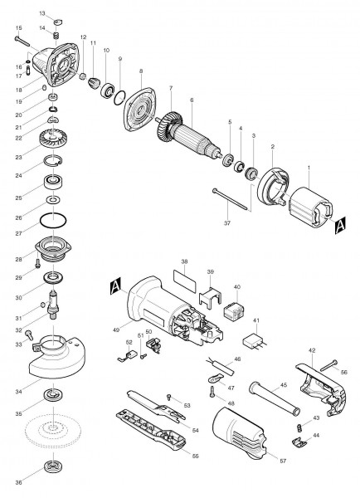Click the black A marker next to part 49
[x=114, y=288]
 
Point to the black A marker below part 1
[x=339, y=225]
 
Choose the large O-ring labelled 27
[x=54, y=222]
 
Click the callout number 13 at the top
[x=43, y=15]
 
